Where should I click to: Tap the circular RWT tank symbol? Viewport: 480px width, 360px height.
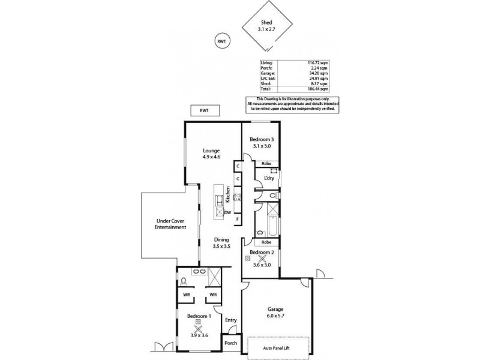(221, 41)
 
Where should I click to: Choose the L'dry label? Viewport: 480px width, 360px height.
(269, 178)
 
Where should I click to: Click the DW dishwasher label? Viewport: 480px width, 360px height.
(228, 212)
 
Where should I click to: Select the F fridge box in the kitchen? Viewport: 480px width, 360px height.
(238, 220)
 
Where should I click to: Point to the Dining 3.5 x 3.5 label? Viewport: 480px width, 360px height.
(221, 242)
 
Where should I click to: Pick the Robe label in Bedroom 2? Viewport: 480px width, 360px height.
(261, 242)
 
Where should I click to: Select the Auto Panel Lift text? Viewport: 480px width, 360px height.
(279, 347)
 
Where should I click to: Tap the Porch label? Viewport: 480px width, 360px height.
(230, 343)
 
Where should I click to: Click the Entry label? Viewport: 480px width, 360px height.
(230, 320)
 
